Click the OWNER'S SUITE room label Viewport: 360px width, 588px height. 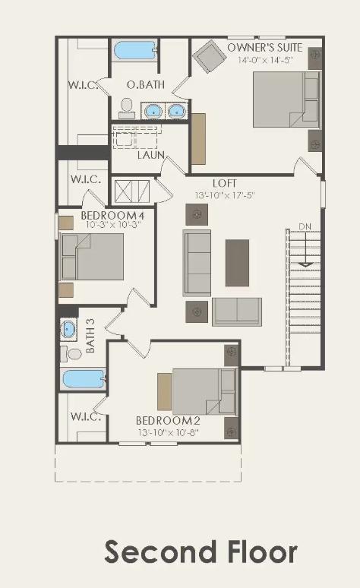[265, 48]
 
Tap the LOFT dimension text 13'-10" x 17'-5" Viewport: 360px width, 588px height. [225, 195]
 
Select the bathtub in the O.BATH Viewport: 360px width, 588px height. [134, 51]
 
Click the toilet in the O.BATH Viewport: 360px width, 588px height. [127, 108]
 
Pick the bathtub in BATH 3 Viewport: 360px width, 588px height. [84, 378]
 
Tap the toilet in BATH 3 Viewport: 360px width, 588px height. [74, 353]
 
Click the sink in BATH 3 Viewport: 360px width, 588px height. [69, 330]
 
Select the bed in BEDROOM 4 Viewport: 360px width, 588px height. [92, 257]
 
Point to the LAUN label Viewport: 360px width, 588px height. [151, 155]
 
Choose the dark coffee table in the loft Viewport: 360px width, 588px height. [237, 263]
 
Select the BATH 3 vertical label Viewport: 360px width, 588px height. [91, 335]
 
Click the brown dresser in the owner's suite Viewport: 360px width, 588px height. [199, 138]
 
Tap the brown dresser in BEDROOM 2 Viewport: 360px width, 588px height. [164, 391]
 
